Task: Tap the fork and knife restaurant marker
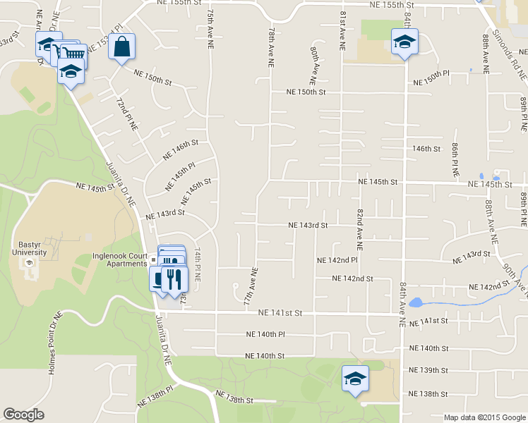174,278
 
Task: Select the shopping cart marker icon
73,52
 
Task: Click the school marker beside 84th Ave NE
404,42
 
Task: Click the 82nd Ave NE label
359,230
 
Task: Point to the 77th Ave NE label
248,285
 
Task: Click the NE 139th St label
428,370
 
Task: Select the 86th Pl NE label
456,159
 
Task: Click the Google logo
24,415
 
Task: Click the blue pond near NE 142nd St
416,304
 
